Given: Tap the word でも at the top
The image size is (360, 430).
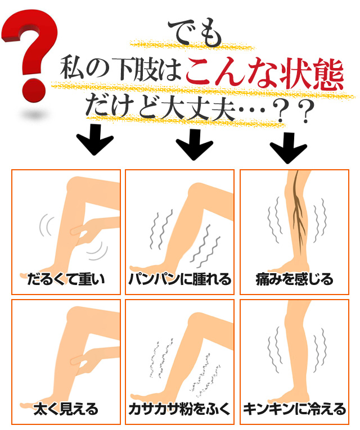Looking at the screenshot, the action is pos(195,33).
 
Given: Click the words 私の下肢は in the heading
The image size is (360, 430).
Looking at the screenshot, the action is pos(121,68).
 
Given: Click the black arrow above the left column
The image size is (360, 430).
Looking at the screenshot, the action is pos(94,139).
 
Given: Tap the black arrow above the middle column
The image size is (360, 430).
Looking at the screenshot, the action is pos(194,144).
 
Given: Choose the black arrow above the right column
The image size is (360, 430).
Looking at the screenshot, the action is pos(288,148).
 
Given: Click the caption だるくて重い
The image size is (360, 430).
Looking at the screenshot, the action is pos(66,279).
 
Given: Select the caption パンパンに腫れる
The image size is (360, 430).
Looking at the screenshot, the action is pos(180,279).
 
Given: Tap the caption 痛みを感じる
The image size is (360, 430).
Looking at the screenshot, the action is pos(294,279).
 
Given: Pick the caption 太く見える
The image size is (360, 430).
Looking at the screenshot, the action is pos(66,409).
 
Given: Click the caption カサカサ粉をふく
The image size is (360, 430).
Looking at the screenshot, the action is pos(179,409).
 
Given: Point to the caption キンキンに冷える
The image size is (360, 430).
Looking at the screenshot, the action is pos(294,409).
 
